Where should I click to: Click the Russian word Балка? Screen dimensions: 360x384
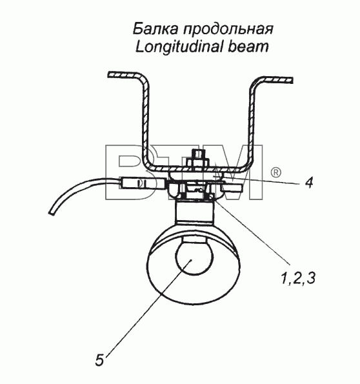click(155, 28)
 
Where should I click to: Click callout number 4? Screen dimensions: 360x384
click(309, 183)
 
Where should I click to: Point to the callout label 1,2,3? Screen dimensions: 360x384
click(298, 278)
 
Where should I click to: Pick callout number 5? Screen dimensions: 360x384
click(99, 360)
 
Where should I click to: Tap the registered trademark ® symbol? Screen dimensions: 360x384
click(276, 172)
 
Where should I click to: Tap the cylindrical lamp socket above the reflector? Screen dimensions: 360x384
click(194, 211)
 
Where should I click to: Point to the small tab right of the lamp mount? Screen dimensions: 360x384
click(232, 188)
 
